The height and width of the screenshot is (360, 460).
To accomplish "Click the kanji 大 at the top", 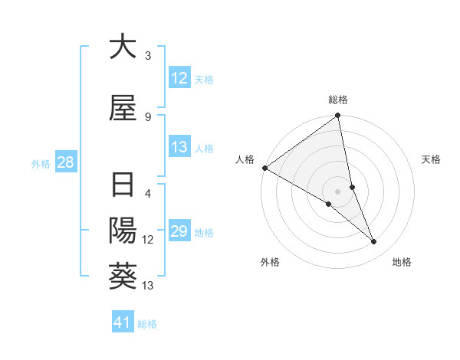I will point(123,47).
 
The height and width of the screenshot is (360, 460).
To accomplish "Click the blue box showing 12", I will point(179,78).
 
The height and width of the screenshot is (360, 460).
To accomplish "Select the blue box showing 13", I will point(179,147).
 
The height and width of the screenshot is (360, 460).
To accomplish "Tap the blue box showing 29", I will point(179,232).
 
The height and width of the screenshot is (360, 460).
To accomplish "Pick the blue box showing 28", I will point(65,162).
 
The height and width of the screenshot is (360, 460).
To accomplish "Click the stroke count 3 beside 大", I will point(147,56).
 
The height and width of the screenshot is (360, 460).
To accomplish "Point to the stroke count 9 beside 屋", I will point(147,116).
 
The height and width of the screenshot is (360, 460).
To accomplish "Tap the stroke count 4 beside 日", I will point(147,193).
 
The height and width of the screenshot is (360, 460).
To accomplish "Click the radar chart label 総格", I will point(338,100).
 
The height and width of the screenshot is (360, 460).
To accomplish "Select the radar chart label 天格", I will point(432,159).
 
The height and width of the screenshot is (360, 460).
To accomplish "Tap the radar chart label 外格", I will point(270,262).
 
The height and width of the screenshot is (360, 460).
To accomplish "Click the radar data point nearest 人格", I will point(264,168).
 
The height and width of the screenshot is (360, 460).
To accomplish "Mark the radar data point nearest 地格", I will point(374,242).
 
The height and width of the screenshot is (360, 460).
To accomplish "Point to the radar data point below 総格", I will point(338,116).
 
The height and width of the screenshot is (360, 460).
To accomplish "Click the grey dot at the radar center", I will point(338,191).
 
